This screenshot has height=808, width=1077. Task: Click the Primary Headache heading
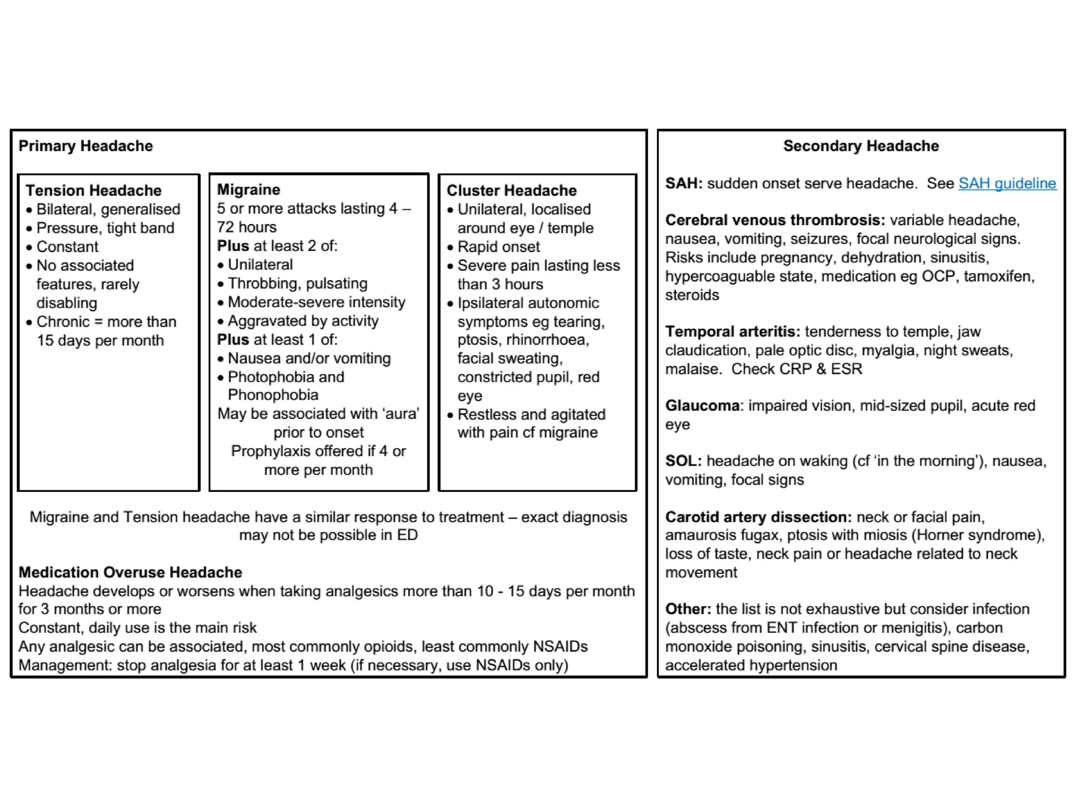coord(86,146)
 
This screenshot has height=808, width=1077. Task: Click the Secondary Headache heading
coord(860,146)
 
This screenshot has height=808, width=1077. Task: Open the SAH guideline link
coord(1007,184)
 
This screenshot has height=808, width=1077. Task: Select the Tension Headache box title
coord(94,190)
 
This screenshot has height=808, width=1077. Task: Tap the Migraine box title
coord(248,190)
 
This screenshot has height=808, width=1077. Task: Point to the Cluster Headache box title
coord(511,190)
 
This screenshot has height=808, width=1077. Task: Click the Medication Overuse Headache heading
coord(130,572)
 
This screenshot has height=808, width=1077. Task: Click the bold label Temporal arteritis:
coord(732,332)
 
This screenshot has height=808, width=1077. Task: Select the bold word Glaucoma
coord(702,406)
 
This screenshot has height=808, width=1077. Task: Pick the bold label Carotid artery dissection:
coord(758,517)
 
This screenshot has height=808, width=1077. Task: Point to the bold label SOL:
coord(683,461)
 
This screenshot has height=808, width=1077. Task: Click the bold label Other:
coord(688,609)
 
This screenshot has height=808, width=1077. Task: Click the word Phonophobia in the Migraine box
coord(273,395)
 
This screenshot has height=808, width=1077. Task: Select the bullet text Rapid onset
coord(498,247)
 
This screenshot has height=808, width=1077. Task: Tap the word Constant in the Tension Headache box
coord(67,247)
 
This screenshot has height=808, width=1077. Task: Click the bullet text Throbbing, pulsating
coord(297,284)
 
